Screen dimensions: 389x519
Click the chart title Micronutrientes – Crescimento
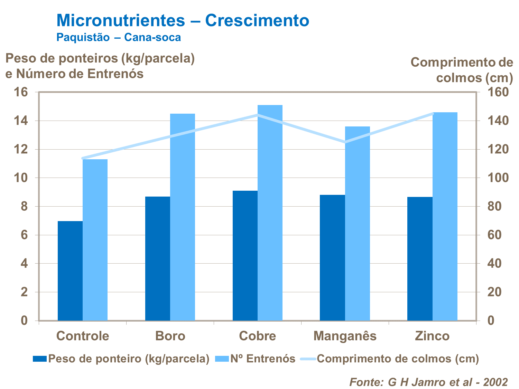coord(183,20)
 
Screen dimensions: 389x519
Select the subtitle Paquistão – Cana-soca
coord(119,37)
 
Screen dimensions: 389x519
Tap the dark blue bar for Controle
coord(70,271)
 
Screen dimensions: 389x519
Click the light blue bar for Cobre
coord(270,212)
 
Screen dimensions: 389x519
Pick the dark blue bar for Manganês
coord(332,258)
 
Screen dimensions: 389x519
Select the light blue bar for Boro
coord(183,217)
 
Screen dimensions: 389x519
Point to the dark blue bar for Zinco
coord(420,259)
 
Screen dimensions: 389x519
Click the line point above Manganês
coord(345,142)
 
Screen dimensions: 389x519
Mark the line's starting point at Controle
coord(83,158)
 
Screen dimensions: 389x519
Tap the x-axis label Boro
coord(170,336)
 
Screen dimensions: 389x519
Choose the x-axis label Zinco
coord(432,336)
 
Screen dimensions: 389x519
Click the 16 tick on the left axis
coord(21,92)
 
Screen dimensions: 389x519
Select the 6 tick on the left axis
coord(24,235)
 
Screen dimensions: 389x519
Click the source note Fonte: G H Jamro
coord(428,382)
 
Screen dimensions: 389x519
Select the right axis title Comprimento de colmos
coord(462,70)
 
